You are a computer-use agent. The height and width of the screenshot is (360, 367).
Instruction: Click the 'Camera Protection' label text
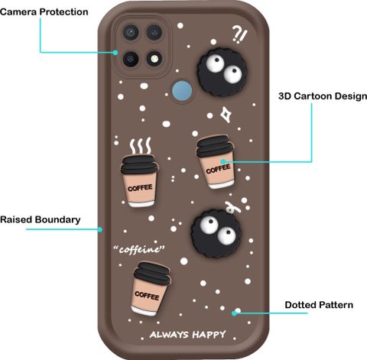(44, 12)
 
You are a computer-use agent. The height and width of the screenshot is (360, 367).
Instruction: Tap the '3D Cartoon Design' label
(323, 96)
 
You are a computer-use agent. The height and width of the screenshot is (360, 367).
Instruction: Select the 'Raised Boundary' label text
(41, 219)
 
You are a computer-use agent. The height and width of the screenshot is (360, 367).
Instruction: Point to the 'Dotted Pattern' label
(319, 305)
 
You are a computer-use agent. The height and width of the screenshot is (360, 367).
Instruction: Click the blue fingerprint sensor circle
(182, 91)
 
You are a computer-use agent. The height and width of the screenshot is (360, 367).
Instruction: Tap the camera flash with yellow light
(154, 59)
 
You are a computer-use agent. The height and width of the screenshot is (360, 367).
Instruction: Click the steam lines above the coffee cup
(141, 146)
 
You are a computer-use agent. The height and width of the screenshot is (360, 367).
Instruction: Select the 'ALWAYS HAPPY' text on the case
(187, 334)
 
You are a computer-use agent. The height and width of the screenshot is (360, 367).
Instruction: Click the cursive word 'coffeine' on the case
(139, 248)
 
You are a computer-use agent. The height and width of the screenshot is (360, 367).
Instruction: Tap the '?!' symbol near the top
(239, 35)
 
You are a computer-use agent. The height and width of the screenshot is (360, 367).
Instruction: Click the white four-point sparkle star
(226, 115)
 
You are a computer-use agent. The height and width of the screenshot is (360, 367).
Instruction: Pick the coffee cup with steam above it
(139, 180)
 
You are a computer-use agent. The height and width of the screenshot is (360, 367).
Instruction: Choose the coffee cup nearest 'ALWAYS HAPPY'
(151, 289)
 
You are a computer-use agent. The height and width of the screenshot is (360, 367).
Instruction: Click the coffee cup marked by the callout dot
(216, 162)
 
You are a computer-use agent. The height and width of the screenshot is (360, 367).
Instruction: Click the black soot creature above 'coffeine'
(216, 233)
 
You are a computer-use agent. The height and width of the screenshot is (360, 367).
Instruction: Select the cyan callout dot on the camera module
(115, 53)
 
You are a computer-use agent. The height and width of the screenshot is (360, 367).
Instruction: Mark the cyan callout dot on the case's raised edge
(100, 229)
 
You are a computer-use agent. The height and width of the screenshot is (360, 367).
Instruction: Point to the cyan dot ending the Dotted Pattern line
(234, 313)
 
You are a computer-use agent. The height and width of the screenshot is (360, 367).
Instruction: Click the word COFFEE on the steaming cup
(140, 188)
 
